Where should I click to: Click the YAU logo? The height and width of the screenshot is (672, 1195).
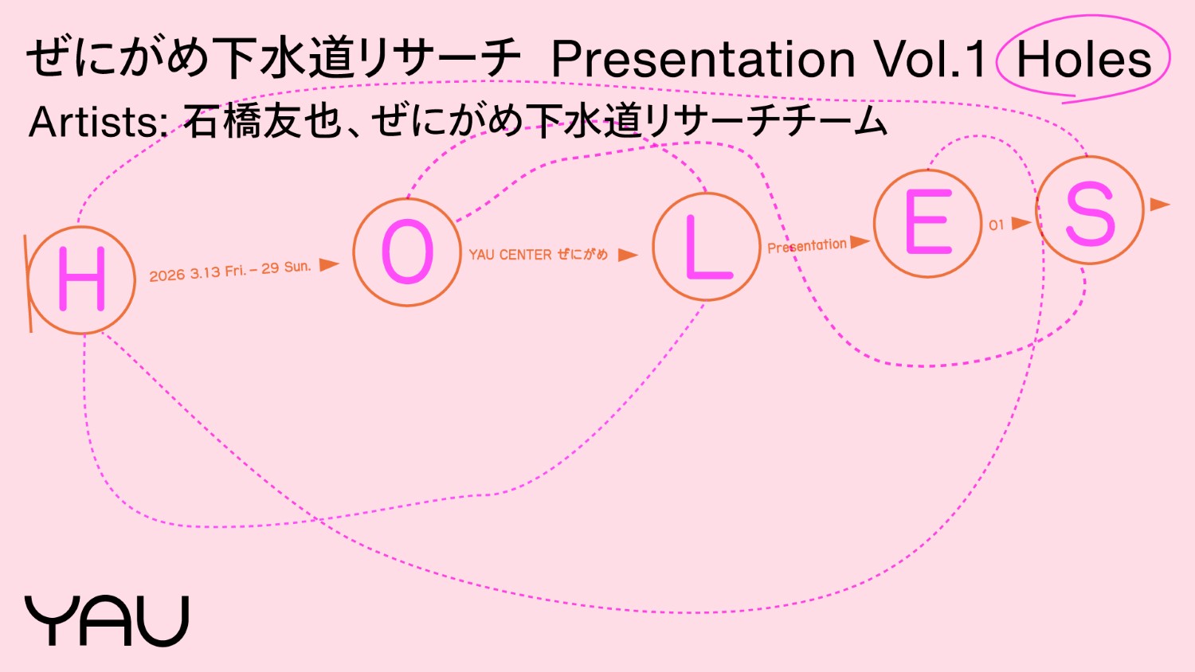tap(107, 620)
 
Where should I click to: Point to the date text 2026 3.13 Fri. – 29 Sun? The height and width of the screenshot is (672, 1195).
tap(230, 271)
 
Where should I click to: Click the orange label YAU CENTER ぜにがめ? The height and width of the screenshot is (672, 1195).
tap(539, 255)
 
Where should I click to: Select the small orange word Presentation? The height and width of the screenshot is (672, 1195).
tap(806, 246)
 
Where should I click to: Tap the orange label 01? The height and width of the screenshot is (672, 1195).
tap(996, 225)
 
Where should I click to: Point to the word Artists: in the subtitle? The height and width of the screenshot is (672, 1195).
tap(99, 122)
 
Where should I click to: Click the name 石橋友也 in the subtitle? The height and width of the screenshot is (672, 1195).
tap(262, 122)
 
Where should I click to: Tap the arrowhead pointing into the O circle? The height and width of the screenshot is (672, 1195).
tap(329, 264)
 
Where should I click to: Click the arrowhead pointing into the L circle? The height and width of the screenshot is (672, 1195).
tap(628, 255)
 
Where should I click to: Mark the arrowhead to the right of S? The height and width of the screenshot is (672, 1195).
tap(1160, 205)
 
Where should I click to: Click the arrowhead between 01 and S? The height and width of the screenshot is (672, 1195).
tap(1021, 223)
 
